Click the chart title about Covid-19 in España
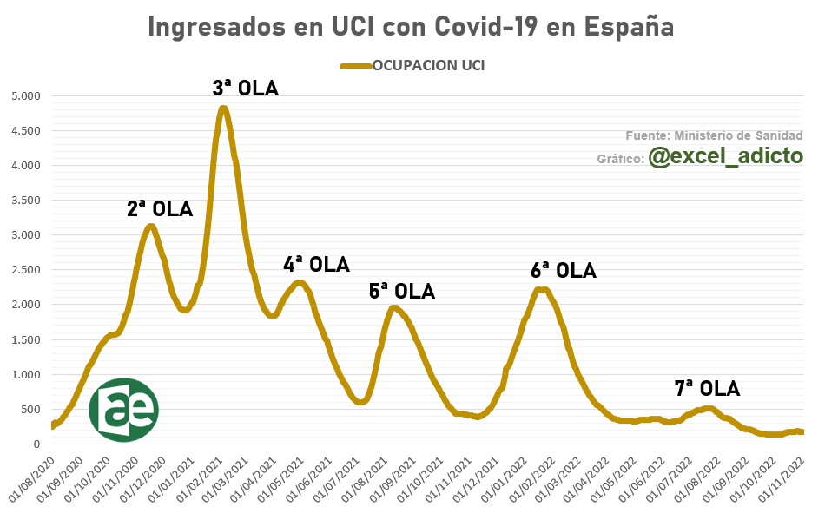point(411,26)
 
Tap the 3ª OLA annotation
point(246,88)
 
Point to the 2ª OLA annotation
point(160,208)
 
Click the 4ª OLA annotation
point(316,264)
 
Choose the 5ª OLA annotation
point(401,291)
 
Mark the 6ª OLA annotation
point(564,270)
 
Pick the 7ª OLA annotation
point(707,388)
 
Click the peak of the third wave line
point(223,109)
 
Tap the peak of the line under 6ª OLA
point(541,290)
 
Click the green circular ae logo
point(124,410)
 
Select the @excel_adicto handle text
point(725,155)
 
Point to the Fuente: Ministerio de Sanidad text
point(714,135)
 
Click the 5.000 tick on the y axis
point(27,96)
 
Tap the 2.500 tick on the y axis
point(27,270)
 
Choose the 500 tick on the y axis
point(31,409)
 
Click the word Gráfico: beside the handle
point(620,159)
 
